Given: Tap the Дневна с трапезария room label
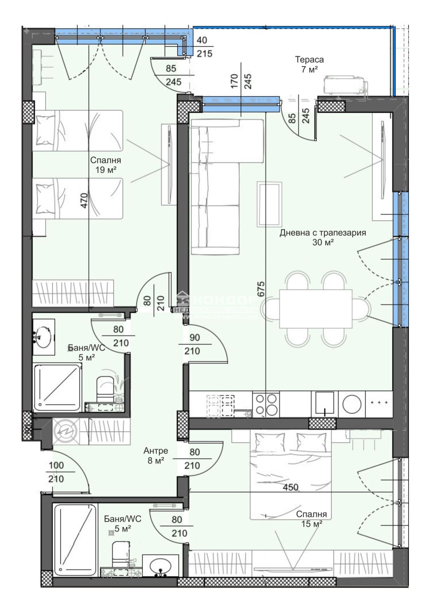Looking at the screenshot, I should click(323, 238).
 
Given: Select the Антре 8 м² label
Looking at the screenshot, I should click(156, 456).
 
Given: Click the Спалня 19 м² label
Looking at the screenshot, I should click(106, 165).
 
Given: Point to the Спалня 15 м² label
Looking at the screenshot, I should click(311, 518).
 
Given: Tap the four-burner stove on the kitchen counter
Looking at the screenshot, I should click(266, 403).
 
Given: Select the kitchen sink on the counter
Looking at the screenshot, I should click(325, 403).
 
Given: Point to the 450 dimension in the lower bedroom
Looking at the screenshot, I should click(291, 487).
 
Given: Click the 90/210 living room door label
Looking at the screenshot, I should click(192, 345).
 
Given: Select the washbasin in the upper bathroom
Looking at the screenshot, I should click(44, 337).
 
